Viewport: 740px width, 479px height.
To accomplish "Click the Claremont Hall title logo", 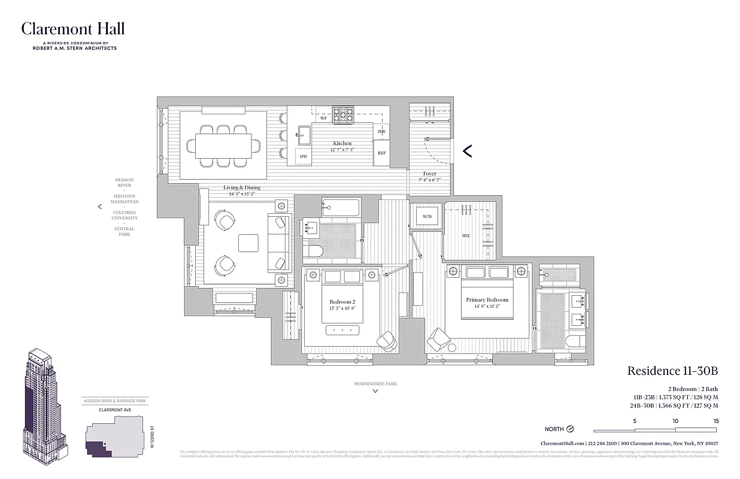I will tap(73, 29).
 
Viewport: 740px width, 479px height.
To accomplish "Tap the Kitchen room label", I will tap(342, 143).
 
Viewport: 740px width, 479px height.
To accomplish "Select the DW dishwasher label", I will tap(304, 156).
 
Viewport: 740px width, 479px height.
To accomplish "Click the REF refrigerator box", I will tap(381, 153).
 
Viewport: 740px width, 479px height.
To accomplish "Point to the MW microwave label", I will tap(381, 131).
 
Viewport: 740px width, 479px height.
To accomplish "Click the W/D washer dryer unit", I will tap(427, 216).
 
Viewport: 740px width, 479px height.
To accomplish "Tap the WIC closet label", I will tap(466, 236).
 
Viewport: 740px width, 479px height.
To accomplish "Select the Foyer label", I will tap(429, 174).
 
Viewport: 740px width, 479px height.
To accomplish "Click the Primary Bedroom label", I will tap(487, 300).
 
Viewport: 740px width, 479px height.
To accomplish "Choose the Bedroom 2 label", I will tap(342, 302).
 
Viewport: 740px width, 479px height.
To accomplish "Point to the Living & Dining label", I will tap(242, 187).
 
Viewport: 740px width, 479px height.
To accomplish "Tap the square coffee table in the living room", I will tap(248, 242).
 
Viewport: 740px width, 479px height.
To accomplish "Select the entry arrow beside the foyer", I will tap(468, 151).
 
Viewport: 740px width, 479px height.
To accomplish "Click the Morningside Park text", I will tap(375, 383).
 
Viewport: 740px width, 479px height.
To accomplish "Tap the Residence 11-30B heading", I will tap(672, 371).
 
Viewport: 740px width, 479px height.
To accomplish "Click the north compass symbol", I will tap(570, 429).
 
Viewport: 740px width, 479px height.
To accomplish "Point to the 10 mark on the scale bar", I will tap(675, 421).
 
